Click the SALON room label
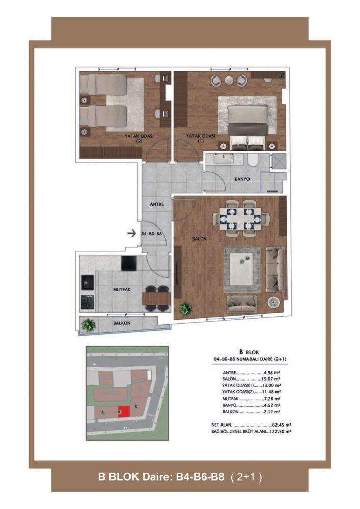click(199, 239)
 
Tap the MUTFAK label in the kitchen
click(122, 289)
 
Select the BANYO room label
click(242, 179)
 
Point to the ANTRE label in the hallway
click(157, 204)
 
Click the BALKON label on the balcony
click(122, 323)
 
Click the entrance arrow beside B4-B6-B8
click(131, 233)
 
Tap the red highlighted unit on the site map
click(124, 412)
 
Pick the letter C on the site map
click(136, 406)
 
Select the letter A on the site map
click(102, 413)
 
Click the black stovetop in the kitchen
click(87, 302)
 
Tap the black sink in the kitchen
click(87, 282)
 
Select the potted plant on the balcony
click(89, 325)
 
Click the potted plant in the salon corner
click(186, 308)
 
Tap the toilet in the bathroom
click(252, 161)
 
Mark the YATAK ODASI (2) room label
click(139, 138)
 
